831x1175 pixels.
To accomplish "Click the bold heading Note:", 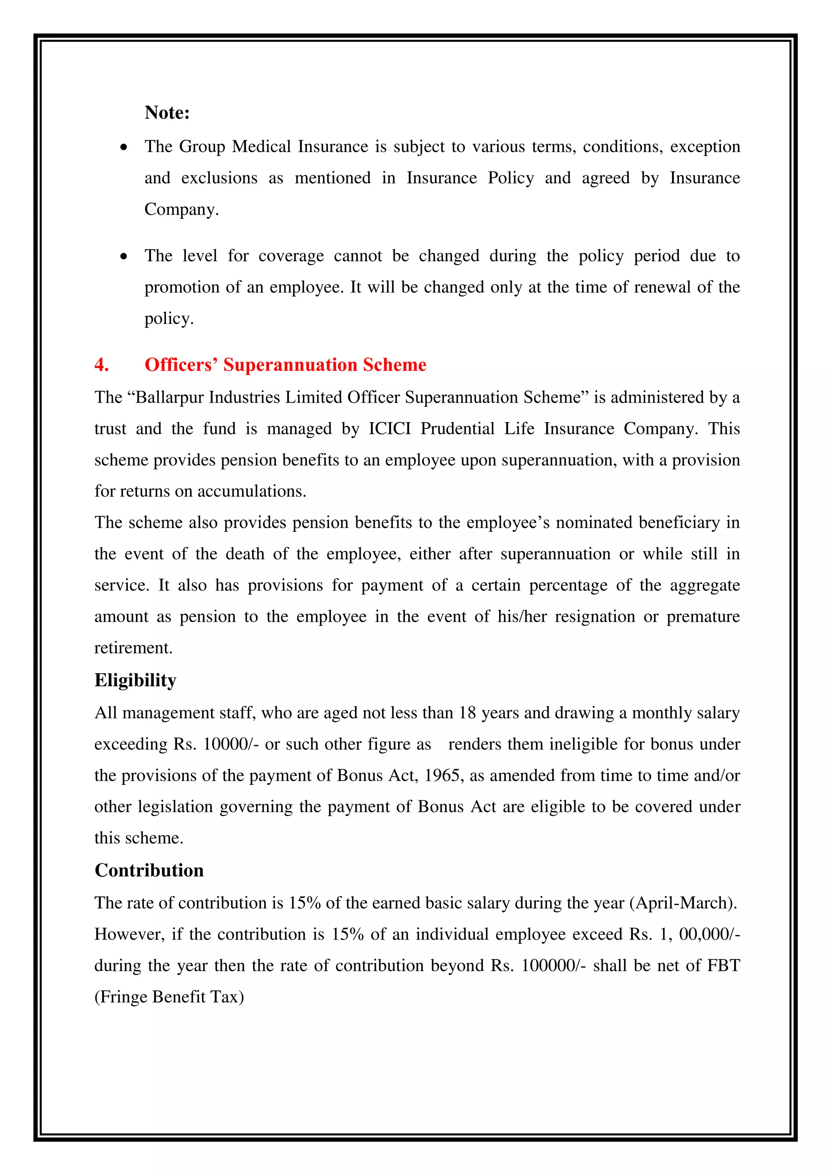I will (x=167, y=112).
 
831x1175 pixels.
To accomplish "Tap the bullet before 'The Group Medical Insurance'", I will (x=124, y=148).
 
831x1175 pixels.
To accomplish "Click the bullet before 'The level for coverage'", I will (x=124, y=257).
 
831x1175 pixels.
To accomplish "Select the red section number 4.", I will (x=101, y=365).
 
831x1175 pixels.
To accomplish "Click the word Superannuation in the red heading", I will (x=290, y=365).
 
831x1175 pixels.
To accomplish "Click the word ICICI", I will (x=390, y=429).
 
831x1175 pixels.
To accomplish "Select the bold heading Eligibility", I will (x=135, y=681).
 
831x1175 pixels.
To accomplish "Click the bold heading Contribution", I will (x=149, y=871).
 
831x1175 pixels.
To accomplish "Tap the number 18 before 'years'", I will (x=467, y=714).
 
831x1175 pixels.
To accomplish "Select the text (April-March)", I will (x=683, y=903).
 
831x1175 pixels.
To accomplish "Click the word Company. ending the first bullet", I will (x=181, y=210).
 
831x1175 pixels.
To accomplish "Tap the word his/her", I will (x=522, y=617).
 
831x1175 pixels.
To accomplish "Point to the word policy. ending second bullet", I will (x=169, y=319).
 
